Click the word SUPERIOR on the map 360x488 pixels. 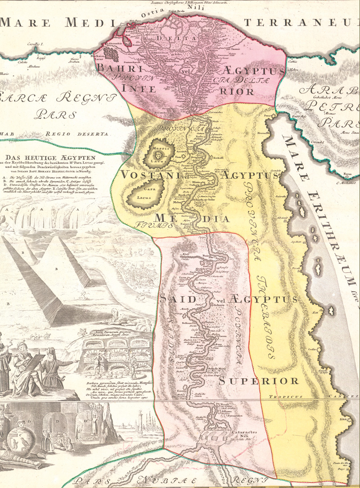pyautogui.click(x=259, y=381)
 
